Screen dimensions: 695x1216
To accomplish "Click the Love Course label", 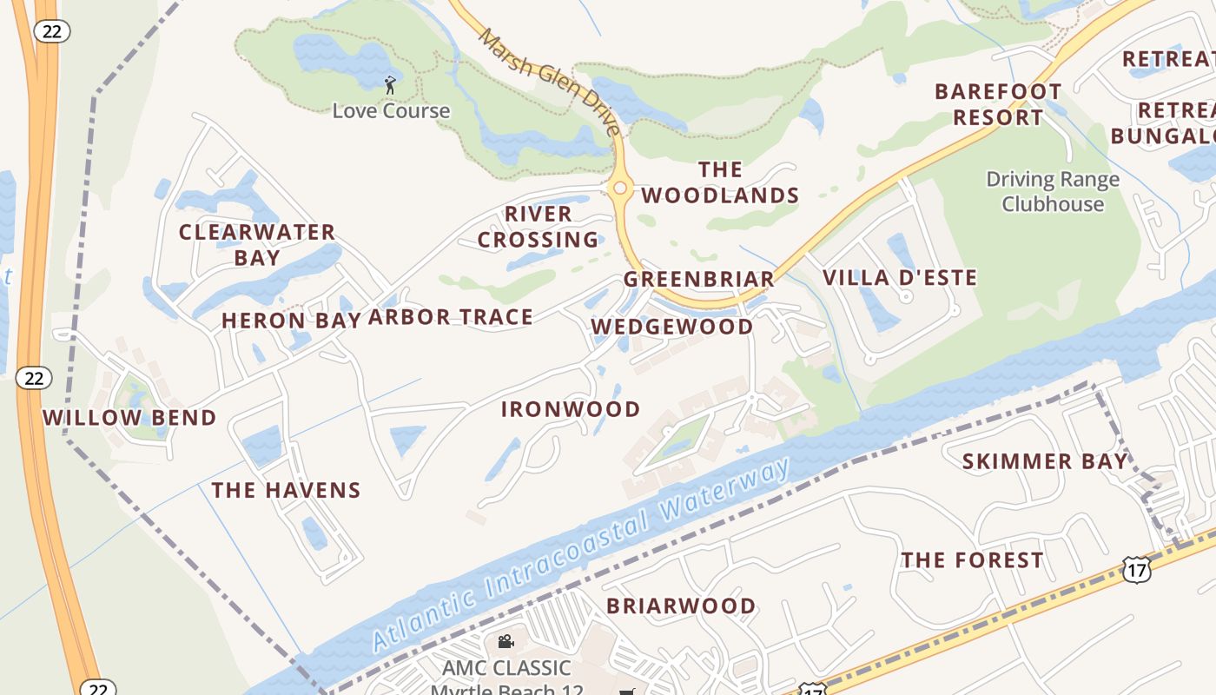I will click(x=391, y=111).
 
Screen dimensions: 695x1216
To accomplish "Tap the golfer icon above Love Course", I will click(x=390, y=85).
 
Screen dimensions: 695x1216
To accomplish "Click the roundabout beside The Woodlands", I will click(x=619, y=188).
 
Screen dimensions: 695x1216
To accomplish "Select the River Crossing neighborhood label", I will click(x=539, y=227).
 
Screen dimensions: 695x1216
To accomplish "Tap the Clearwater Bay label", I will click(x=257, y=245).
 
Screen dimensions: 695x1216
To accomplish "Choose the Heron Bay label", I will click(x=290, y=321).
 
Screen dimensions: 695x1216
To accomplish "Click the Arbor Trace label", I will click(x=450, y=317).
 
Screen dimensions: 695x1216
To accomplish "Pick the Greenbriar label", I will click(x=698, y=279).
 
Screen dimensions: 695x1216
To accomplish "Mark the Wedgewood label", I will click(x=672, y=327).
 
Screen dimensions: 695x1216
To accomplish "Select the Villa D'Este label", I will click(x=899, y=278).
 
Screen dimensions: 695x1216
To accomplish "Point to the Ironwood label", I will click(x=571, y=409).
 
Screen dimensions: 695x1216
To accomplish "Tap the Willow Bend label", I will click(x=129, y=418).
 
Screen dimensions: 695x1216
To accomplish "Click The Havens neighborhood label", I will click(x=286, y=490).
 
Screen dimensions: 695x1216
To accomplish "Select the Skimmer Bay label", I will click(x=1044, y=461).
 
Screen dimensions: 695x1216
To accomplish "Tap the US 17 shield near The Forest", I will click(x=1135, y=570).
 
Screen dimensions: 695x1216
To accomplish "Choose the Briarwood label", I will click(x=680, y=606).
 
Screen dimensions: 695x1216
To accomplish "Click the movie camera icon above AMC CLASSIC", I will click(x=506, y=642).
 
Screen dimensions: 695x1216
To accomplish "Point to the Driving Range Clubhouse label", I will click(x=1053, y=192).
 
